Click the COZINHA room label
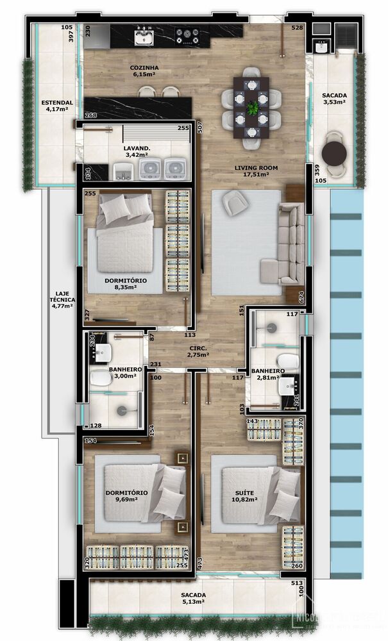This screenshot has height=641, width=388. pyautogui.click(x=144, y=67)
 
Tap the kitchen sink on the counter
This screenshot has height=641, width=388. pyautogui.click(x=144, y=37)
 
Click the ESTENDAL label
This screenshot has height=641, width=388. pyautogui.click(x=57, y=102)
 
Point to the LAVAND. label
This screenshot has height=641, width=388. pyautogui.click(x=136, y=148)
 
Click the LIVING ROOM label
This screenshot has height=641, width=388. pyautogui.click(x=251, y=167)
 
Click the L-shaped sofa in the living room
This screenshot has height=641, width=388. pyautogui.click(x=290, y=244)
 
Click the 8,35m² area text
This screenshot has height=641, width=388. pyautogui.click(x=126, y=288)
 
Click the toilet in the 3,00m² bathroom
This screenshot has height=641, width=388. pyautogui.click(x=101, y=379)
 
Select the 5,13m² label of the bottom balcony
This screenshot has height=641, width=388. pyautogui.click(x=192, y=601)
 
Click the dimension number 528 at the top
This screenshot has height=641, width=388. pyautogui.click(x=297, y=28)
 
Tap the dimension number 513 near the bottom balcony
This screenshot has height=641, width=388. pyautogui.click(x=297, y=583)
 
